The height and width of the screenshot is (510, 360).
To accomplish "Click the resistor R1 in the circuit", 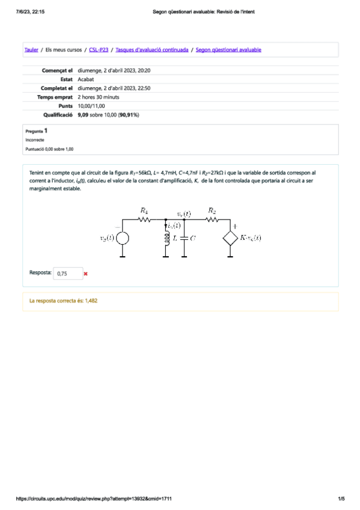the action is click(144, 220).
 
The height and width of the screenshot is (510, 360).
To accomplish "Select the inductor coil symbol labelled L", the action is click(166, 238).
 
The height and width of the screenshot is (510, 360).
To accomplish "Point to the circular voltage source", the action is click(123, 238).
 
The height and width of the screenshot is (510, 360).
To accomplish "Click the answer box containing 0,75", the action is click(67, 274).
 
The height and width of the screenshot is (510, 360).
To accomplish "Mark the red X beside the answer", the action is click(86, 274).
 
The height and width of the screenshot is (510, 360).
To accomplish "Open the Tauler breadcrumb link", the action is click(31, 50).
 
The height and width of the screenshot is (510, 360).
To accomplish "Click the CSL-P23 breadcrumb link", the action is click(99, 50).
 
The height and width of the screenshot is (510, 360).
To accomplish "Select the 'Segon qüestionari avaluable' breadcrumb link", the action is click(228, 50).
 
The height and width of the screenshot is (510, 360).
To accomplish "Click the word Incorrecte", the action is click(35, 139).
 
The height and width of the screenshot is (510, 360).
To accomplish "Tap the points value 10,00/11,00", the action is click(91, 105).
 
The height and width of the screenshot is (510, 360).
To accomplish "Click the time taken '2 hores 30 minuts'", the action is click(99, 97).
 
